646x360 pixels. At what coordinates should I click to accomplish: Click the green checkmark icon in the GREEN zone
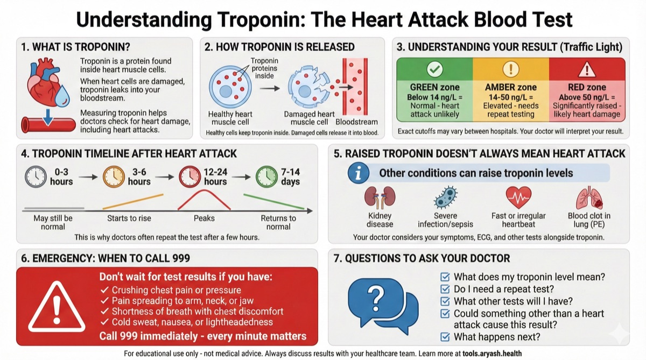tap(434, 69)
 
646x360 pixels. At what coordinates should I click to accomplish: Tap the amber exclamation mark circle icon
tap(510, 69)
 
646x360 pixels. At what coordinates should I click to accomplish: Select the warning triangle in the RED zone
tap(587, 69)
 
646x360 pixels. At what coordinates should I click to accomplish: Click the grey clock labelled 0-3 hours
tap(34, 176)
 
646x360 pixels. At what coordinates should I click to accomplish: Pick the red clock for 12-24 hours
tap(188, 176)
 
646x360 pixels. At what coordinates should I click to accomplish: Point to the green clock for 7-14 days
tap(266, 176)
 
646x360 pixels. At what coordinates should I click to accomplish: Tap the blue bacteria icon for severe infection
tap(445, 197)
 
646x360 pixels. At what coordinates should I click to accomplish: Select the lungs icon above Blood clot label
tap(588, 198)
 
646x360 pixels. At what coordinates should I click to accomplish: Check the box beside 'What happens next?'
tap(445, 337)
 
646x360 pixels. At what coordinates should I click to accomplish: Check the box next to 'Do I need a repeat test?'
tap(445, 290)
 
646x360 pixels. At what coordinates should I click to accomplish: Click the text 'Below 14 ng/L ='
tap(434, 96)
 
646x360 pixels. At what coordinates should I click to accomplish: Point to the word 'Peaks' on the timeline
tap(204, 218)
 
